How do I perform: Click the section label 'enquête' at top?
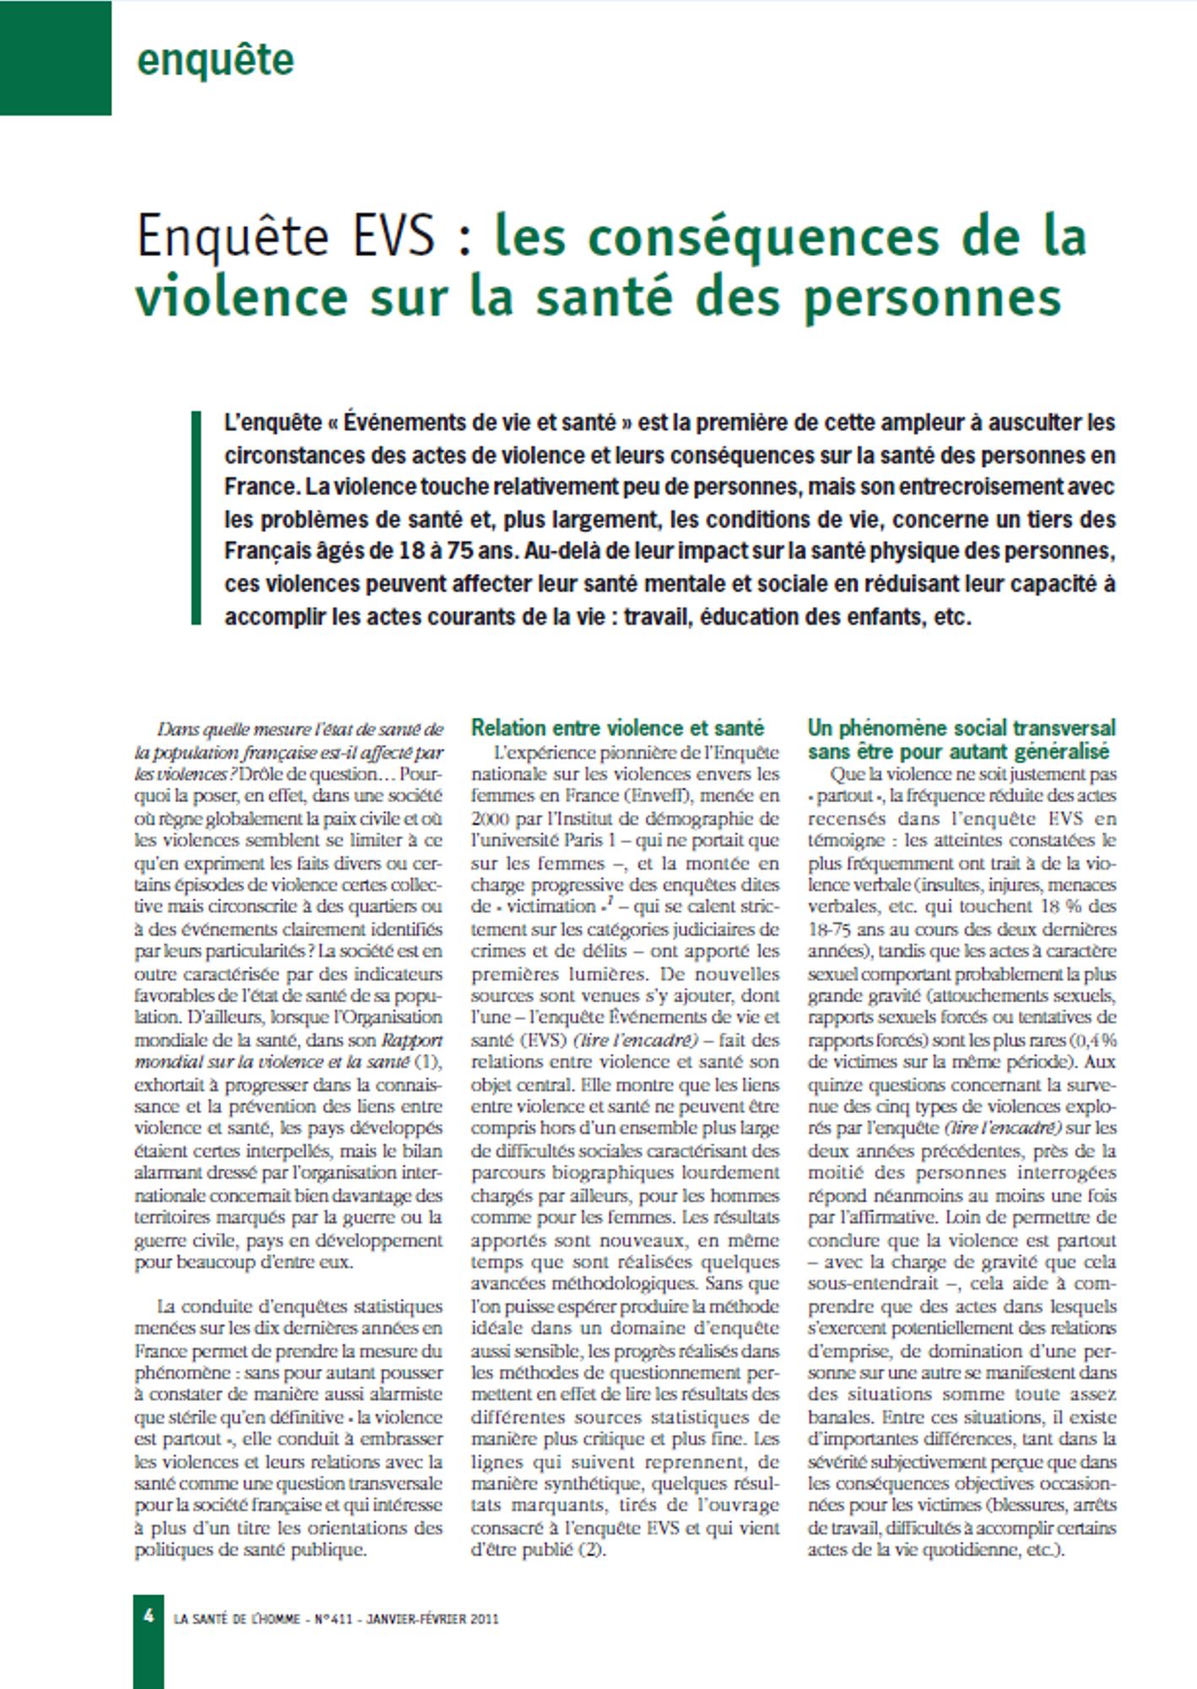pos(215,60)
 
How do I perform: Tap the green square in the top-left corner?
pos(55,57)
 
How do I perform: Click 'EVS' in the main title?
pos(393,236)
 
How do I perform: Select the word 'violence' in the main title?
pos(241,296)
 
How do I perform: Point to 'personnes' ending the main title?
pos(932,296)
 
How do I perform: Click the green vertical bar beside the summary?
pos(197,518)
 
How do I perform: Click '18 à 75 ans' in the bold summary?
pos(457,551)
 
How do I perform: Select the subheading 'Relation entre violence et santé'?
pos(617,728)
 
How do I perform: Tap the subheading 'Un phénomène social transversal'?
pos(961,728)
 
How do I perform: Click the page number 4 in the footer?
pos(149,1616)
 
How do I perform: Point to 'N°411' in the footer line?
pos(334,1619)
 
